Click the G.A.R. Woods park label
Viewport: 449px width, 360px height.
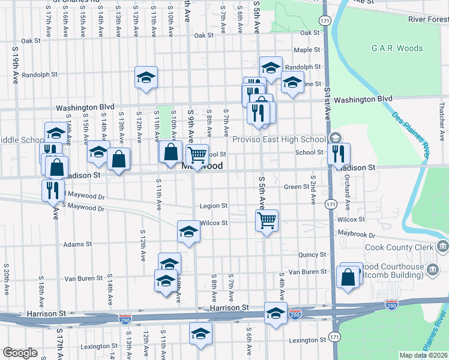coord(397,49)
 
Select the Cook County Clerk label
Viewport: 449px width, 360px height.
coord(400,247)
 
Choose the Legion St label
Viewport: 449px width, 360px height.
coord(214,206)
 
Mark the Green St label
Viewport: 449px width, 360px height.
coord(296,187)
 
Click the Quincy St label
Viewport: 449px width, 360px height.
coord(312,254)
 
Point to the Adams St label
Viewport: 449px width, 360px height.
coord(77,244)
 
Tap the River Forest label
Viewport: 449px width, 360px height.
coord(428,20)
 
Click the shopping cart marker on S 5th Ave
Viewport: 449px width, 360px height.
coord(267,220)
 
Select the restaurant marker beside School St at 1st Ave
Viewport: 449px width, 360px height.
coord(340,154)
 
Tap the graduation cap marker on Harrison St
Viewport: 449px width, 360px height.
coord(276,314)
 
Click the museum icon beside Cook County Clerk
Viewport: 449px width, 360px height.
coord(443,246)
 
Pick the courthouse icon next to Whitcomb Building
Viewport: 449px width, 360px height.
coord(432,271)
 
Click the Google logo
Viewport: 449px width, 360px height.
coord(20,353)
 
